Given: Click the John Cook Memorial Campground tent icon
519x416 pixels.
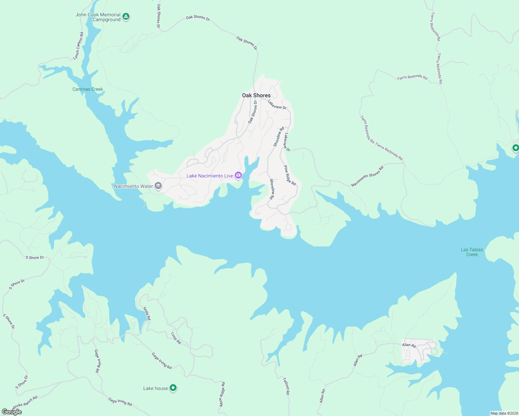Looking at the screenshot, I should (x=126, y=16).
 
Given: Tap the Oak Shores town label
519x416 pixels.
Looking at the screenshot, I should (x=256, y=95).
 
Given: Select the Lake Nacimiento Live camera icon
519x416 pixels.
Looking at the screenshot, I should (x=238, y=175).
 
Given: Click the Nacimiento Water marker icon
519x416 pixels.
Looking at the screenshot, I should (x=158, y=186).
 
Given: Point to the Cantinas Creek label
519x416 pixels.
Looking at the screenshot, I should (x=88, y=89).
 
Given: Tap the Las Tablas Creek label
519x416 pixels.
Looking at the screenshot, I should (x=472, y=252).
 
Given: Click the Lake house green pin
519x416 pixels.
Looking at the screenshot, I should (x=173, y=388).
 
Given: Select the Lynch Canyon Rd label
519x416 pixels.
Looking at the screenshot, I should (x=78, y=46).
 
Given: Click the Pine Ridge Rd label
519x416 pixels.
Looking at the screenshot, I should (x=290, y=175).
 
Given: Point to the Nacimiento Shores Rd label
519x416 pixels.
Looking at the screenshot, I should (x=367, y=176).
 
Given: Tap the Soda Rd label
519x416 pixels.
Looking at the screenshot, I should (x=147, y=313).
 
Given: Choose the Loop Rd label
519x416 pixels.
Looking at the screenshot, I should (x=176, y=338).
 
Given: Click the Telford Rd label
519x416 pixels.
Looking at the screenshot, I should (x=286, y=386).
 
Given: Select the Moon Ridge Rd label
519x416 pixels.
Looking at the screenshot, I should (x=222, y=394).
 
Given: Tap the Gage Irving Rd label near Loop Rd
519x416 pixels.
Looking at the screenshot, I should (x=162, y=361).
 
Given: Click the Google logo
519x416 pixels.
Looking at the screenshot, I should (x=12, y=411).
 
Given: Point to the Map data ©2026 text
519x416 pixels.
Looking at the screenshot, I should (x=503, y=413).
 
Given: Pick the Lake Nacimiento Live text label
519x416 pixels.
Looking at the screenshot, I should (x=210, y=176).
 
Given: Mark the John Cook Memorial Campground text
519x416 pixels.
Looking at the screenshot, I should (x=98, y=17).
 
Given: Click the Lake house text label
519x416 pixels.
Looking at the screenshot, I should (x=155, y=388).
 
